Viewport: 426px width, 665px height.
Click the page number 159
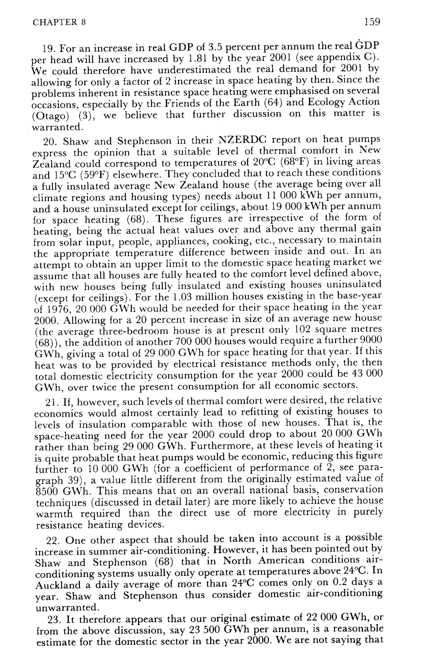point(372,22)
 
